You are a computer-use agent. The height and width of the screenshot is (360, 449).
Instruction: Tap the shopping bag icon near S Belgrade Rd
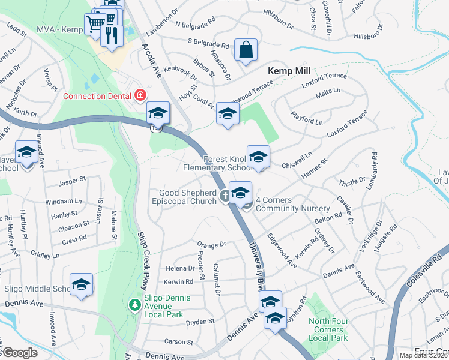[x=246, y=50]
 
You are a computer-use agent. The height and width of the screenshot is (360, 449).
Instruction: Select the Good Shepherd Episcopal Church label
[x=187, y=197]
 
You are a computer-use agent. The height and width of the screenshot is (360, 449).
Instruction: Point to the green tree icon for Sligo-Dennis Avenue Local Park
[x=135, y=305]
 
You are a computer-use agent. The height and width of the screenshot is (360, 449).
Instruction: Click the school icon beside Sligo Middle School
[x=82, y=285]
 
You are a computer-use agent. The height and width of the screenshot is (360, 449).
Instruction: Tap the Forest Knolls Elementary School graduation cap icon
[x=258, y=157]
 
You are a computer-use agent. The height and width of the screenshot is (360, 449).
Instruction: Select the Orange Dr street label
[x=211, y=244]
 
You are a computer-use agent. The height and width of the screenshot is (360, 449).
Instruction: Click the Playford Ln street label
[x=307, y=118]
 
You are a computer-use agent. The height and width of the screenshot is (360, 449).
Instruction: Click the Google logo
[x=20, y=353]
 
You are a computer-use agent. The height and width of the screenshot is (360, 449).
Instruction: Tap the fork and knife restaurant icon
[x=111, y=35]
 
